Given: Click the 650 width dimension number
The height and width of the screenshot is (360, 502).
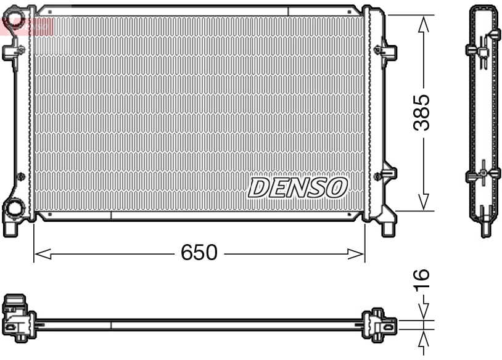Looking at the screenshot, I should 199,253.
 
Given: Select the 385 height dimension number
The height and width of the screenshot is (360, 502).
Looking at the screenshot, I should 422,112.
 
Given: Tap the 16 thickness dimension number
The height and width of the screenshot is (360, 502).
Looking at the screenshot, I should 422,280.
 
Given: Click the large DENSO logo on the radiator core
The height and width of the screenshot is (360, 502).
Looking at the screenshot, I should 298,187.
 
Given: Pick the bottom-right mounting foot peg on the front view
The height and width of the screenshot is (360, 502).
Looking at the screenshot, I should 388,229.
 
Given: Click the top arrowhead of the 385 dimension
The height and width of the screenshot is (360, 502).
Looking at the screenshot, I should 422,23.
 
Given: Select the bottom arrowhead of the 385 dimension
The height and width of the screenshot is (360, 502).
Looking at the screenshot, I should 422,202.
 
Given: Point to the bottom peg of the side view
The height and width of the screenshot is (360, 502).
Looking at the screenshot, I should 483,229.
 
